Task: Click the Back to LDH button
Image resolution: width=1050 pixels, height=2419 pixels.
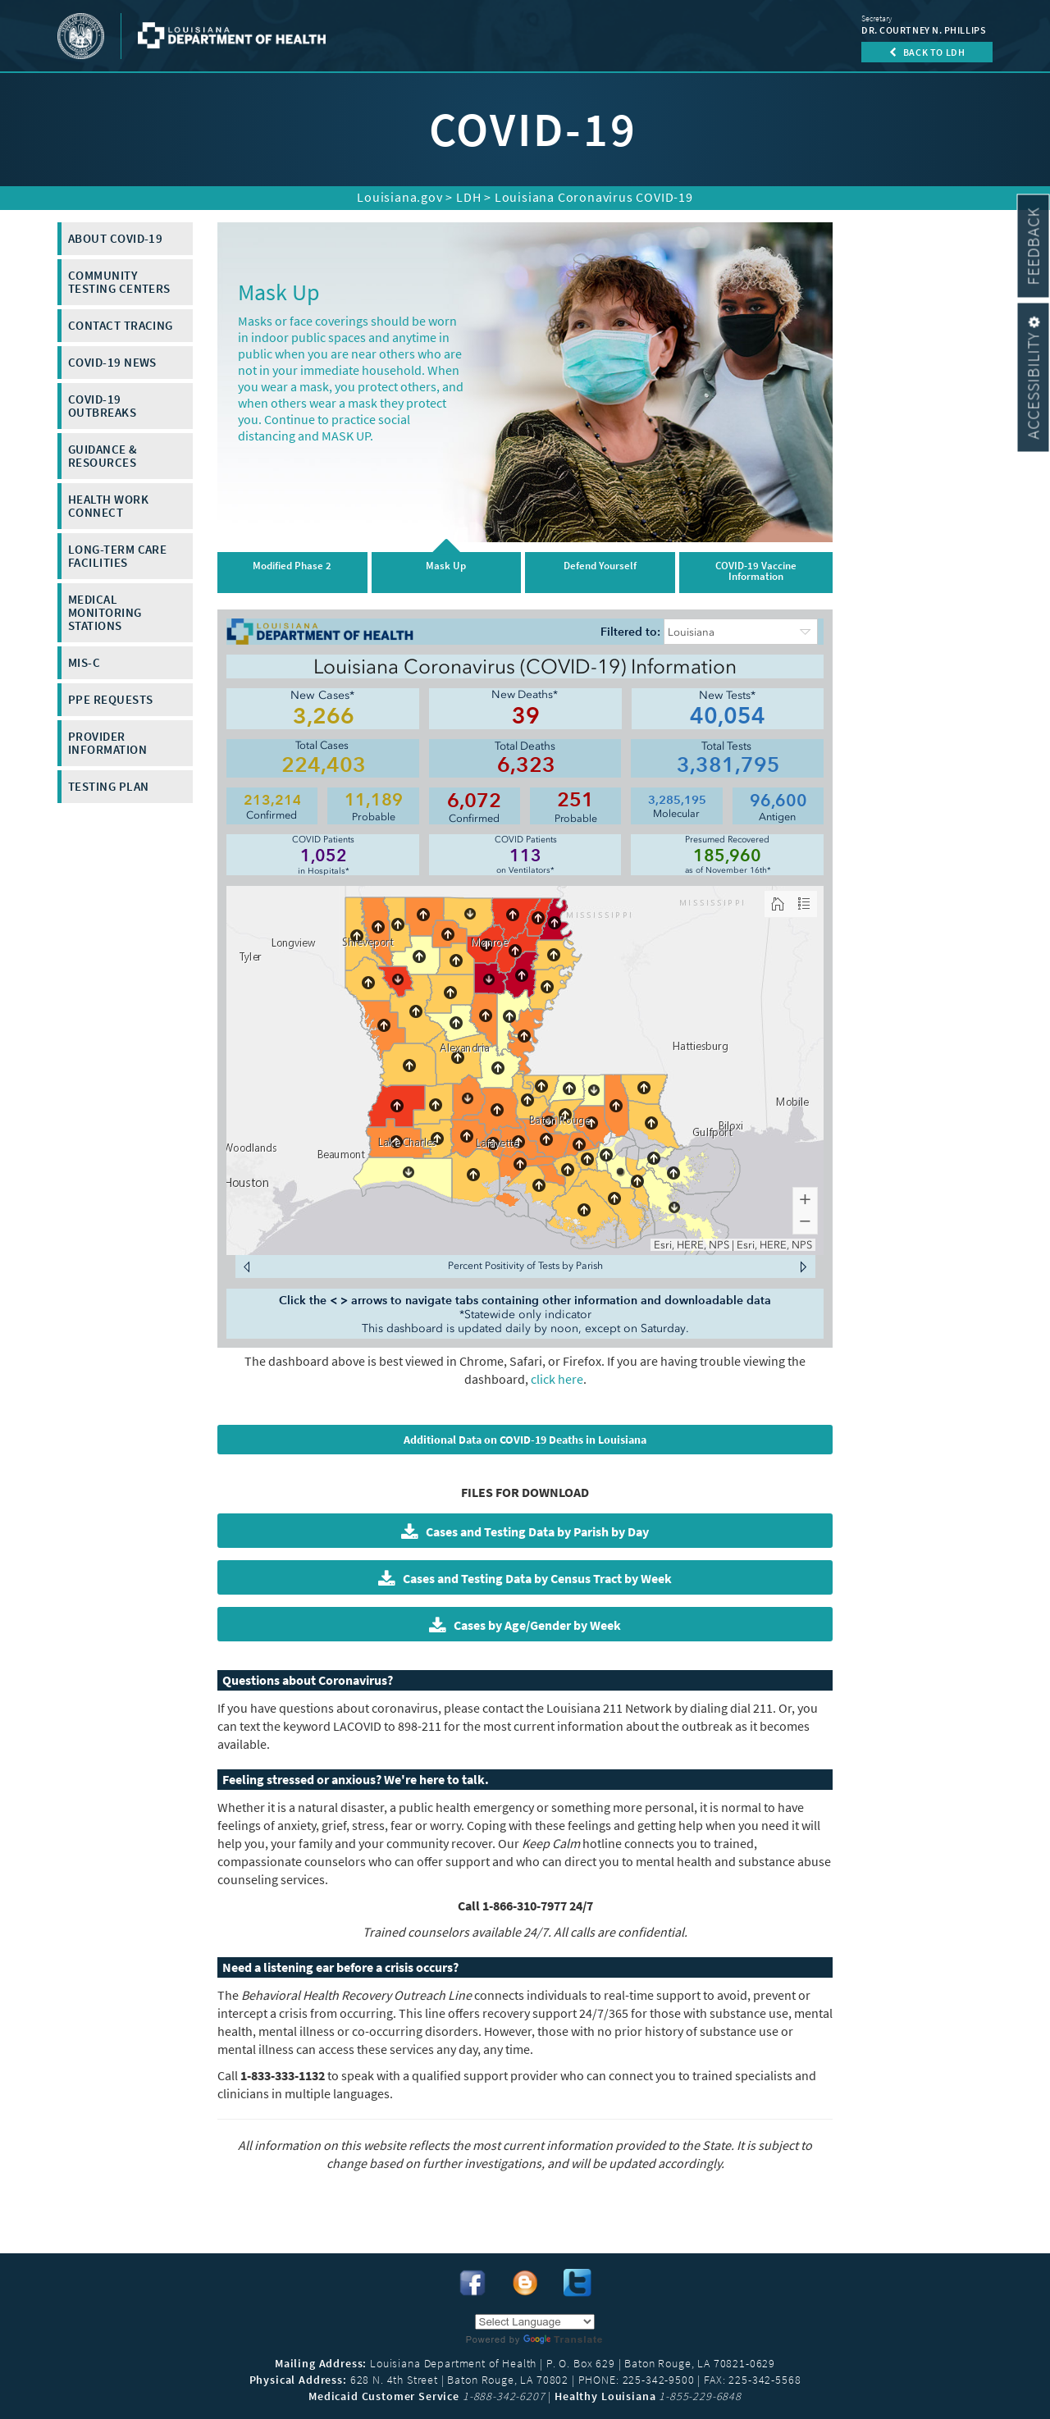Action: click(x=926, y=52)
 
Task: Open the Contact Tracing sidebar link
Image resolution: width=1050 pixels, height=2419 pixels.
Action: click(x=125, y=326)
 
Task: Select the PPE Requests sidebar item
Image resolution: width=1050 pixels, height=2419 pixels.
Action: click(x=125, y=700)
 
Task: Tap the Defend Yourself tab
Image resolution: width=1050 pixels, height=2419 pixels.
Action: click(x=599, y=571)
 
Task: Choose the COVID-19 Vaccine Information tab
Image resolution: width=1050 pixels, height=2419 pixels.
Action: click(x=756, y=571)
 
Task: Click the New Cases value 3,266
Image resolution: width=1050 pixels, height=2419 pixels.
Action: click(x=323, y=716)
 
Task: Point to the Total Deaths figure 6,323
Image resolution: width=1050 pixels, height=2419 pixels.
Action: click(x=526, y=765)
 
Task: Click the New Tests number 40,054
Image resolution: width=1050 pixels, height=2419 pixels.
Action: click(x=727, y=716)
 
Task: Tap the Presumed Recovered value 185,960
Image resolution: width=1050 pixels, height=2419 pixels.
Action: click(x=727, y=856)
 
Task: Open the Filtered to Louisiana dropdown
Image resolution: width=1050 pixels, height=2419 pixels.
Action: click(x=740, y=632)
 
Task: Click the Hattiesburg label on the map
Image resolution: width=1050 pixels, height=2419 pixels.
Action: click(x=700, y=1046)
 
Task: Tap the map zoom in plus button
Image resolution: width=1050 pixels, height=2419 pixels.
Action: click(x=805, y=1199)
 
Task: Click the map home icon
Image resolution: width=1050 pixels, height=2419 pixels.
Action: click(x=778, y=903)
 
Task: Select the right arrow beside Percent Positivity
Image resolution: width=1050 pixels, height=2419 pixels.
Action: click(x=803, y=1267)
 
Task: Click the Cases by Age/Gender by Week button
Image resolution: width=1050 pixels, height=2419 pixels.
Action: click(x=524, y=1625)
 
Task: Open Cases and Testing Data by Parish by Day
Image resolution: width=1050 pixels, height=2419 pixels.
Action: click(x=524, y=1531)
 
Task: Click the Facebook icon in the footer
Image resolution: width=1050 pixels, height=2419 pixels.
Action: click(x=472, y=2283)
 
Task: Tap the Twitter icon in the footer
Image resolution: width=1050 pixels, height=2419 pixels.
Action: click(x=577, y=2283)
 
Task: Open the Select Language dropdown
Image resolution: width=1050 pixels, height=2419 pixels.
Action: click(x=534, y=2322)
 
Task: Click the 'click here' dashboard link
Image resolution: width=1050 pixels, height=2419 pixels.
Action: click(x=557, y=1380)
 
